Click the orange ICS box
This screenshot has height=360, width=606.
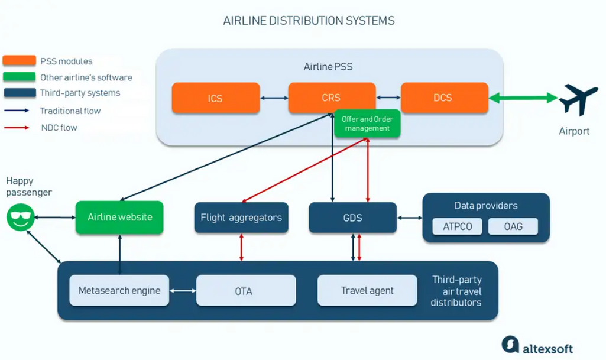tap(216, 98)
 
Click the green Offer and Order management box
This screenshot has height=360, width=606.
tap(367, 124)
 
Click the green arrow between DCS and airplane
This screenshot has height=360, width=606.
tap(524, 98)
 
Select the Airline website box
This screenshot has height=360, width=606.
tap(119, 217)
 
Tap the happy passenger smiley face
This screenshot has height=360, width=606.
tap(21, 218)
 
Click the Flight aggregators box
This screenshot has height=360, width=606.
tap(241, 218)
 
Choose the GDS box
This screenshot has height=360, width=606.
tap(352, 218)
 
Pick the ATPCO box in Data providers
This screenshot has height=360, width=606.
tap(458, 226)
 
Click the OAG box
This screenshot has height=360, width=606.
tap(513, 226)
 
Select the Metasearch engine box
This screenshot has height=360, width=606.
tap(119, 291)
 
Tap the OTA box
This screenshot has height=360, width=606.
tap(246, 291)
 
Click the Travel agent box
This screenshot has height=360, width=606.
tap(367, 291)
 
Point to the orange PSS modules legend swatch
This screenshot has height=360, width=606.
tap(19, 61)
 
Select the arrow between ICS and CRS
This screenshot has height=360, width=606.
tap(274, 98)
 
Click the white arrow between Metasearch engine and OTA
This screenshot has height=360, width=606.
tap(183, 291)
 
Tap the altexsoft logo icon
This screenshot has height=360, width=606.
tap(510, 345)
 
